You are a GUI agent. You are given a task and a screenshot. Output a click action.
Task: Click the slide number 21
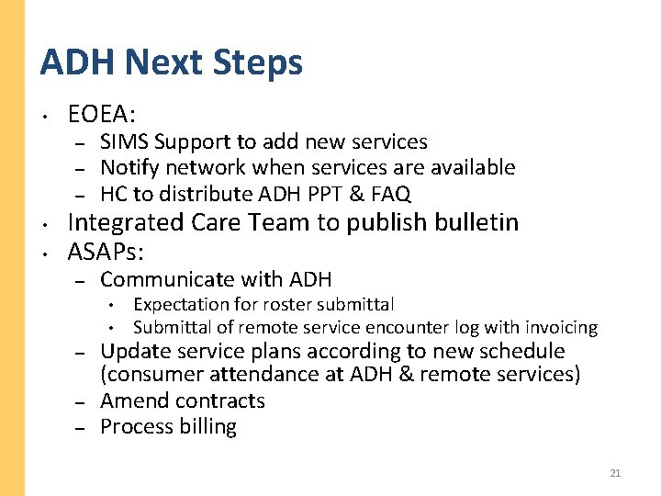(x=615, y=473)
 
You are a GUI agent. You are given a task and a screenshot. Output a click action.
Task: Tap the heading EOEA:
(x=102, y=115)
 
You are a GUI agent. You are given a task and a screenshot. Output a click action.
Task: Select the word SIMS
(x=124, y=142)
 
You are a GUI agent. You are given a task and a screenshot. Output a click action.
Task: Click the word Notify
(x=128, y=168)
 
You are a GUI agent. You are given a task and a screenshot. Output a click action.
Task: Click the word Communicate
(x=170, y=279)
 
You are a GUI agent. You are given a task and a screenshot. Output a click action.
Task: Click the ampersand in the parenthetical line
(x=401, y=375)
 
